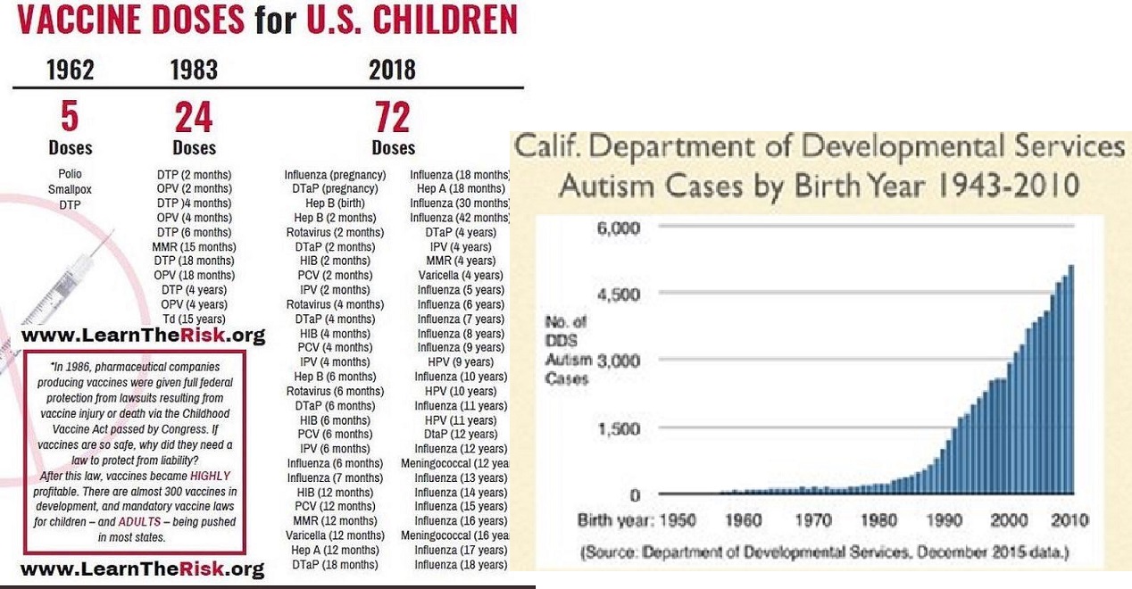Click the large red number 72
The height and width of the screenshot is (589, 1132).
pyautogui.click(x=393, y=117)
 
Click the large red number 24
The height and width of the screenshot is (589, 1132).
pyautogui.click(x=194, y=117)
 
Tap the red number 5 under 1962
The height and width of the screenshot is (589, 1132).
pyautogui.click(x=70, y=117)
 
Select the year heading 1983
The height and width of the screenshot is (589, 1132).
pyautogui.click(x=194, y=71)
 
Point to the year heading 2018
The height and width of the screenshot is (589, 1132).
pyautogui.click(x=392, y=71)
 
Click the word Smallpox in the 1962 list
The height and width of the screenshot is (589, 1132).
pyautogui.click(x=70, y=189)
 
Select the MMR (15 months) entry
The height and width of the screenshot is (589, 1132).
pyautogui.click(x=194, y=246)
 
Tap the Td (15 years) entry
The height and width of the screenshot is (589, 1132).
pyautogui.click(x=194, y=319)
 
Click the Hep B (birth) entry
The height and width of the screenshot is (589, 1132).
pyautogui.click(x=335, y=203)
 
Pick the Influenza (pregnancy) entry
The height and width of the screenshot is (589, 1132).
pyautogui.click(x=335, y=175)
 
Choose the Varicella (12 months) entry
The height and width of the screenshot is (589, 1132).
pyautogui.click(x=335, y=535)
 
